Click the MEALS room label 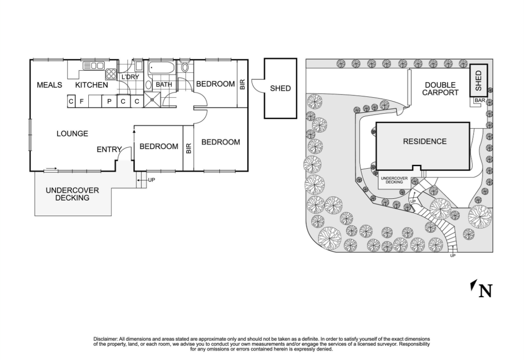pyautogui.click(x=49, y=85)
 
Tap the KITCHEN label pyautogui.click(x=91, y=85)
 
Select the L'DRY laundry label pyautogui.click(x=130, y=77)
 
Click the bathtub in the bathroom pyautogui.click(x=162, y=69)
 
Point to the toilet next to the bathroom pyautogui.click(x=185, y=68)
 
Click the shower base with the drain pyautogui.click(x=152, y=100)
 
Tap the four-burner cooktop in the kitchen pyautogui.click(x=111, y=74)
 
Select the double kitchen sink pyautogui.click(x=93, y=66)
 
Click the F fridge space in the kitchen pyautogui.click(x=82, y=101)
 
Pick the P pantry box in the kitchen pyautogui.click(x=109, y=101)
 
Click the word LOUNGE pyautogui.click(x=72, y=133)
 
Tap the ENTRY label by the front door pyautogui.click(x=109, y=150)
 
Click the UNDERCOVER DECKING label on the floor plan pyautogui.click(x=72, y=194)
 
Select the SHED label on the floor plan pyautogui.click(x=280, y=88)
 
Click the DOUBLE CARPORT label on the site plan pyautogui.click(x=440, y=89)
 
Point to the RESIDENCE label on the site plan pyautogui.click(x=425, y=141)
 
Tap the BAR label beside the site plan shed pyautogui.click(x=479, y=101)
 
